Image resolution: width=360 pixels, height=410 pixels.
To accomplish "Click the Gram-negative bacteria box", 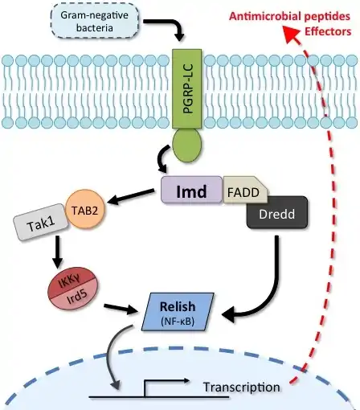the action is [x=94, y=21].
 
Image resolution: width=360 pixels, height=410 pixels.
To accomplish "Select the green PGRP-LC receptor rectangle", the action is [x=186, y=88].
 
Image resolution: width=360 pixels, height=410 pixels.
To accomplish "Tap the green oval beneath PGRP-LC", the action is [x=186, y=145].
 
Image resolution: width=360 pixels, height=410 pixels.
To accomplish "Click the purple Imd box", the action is [x=191, y=190].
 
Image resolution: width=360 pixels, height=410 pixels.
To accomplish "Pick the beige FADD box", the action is [x=243, y=191].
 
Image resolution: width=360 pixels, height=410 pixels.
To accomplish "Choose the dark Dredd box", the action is [x=277, y=212].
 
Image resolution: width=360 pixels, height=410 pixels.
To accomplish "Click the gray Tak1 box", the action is [x=41, y=222].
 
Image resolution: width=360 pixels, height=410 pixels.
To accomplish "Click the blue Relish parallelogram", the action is [x=178, y=312].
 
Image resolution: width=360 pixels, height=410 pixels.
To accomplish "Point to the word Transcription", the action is [x=242, y=387].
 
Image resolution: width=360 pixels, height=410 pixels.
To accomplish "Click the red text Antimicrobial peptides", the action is [x=289, y=16].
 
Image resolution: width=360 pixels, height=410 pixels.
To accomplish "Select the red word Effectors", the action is [x=328, y=31].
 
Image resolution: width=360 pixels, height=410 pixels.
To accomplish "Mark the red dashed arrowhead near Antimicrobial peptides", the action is [x=291, y=34].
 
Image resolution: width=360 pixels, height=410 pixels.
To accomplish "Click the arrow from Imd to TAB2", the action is [x=131, y=197].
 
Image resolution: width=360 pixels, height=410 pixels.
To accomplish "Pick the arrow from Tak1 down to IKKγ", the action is [x=57, y=252].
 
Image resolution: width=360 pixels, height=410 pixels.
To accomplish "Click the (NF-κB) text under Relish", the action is [x=178, y=321].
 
